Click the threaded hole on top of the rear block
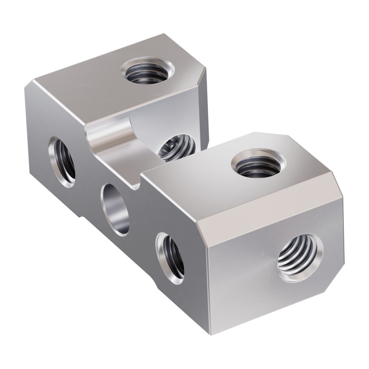147,70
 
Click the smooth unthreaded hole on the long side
115,209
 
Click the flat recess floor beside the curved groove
123,168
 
